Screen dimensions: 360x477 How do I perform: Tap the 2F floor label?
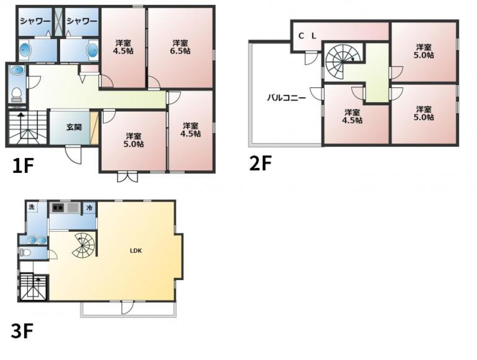coord(261,163)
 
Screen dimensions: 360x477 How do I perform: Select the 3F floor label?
coord(23,331)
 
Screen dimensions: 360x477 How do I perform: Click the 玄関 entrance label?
coord(75,127)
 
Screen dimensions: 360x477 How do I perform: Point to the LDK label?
coord(136,251)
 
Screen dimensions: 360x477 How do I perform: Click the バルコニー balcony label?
coord(286,97)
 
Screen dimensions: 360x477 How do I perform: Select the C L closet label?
coord(307,36)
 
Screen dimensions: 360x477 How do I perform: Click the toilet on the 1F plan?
coord(16,93)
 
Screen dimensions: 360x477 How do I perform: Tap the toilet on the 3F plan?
coord(25,252)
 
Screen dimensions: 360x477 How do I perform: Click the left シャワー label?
coord(34,21)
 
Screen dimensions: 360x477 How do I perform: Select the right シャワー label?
coord(81,21)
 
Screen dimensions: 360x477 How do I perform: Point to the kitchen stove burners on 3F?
coord(59,208)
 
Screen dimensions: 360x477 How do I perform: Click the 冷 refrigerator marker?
coord(89,208)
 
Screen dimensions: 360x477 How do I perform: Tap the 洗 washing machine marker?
coord(31,207)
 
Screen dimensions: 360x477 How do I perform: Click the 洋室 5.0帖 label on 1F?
coord(133,140)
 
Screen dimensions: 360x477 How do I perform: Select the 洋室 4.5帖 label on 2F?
coord(354,116)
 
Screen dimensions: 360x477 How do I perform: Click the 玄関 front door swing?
coord(73,154)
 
